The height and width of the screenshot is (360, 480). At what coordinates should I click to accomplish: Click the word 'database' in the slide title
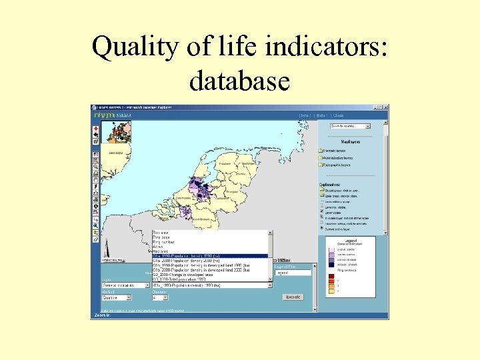point(239,81)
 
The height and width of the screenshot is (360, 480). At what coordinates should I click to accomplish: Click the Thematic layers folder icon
point(321,151)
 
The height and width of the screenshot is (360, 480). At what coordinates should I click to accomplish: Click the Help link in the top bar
point(321,115)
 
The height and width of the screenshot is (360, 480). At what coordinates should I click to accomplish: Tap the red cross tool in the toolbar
point(96,129)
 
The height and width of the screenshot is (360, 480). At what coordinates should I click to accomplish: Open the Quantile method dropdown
point(117,297)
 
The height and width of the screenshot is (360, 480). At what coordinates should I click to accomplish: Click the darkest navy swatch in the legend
point(331,265)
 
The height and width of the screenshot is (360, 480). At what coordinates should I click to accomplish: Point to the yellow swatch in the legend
point(331,291)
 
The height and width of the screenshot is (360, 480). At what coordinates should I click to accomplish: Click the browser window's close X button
point(384,107)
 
